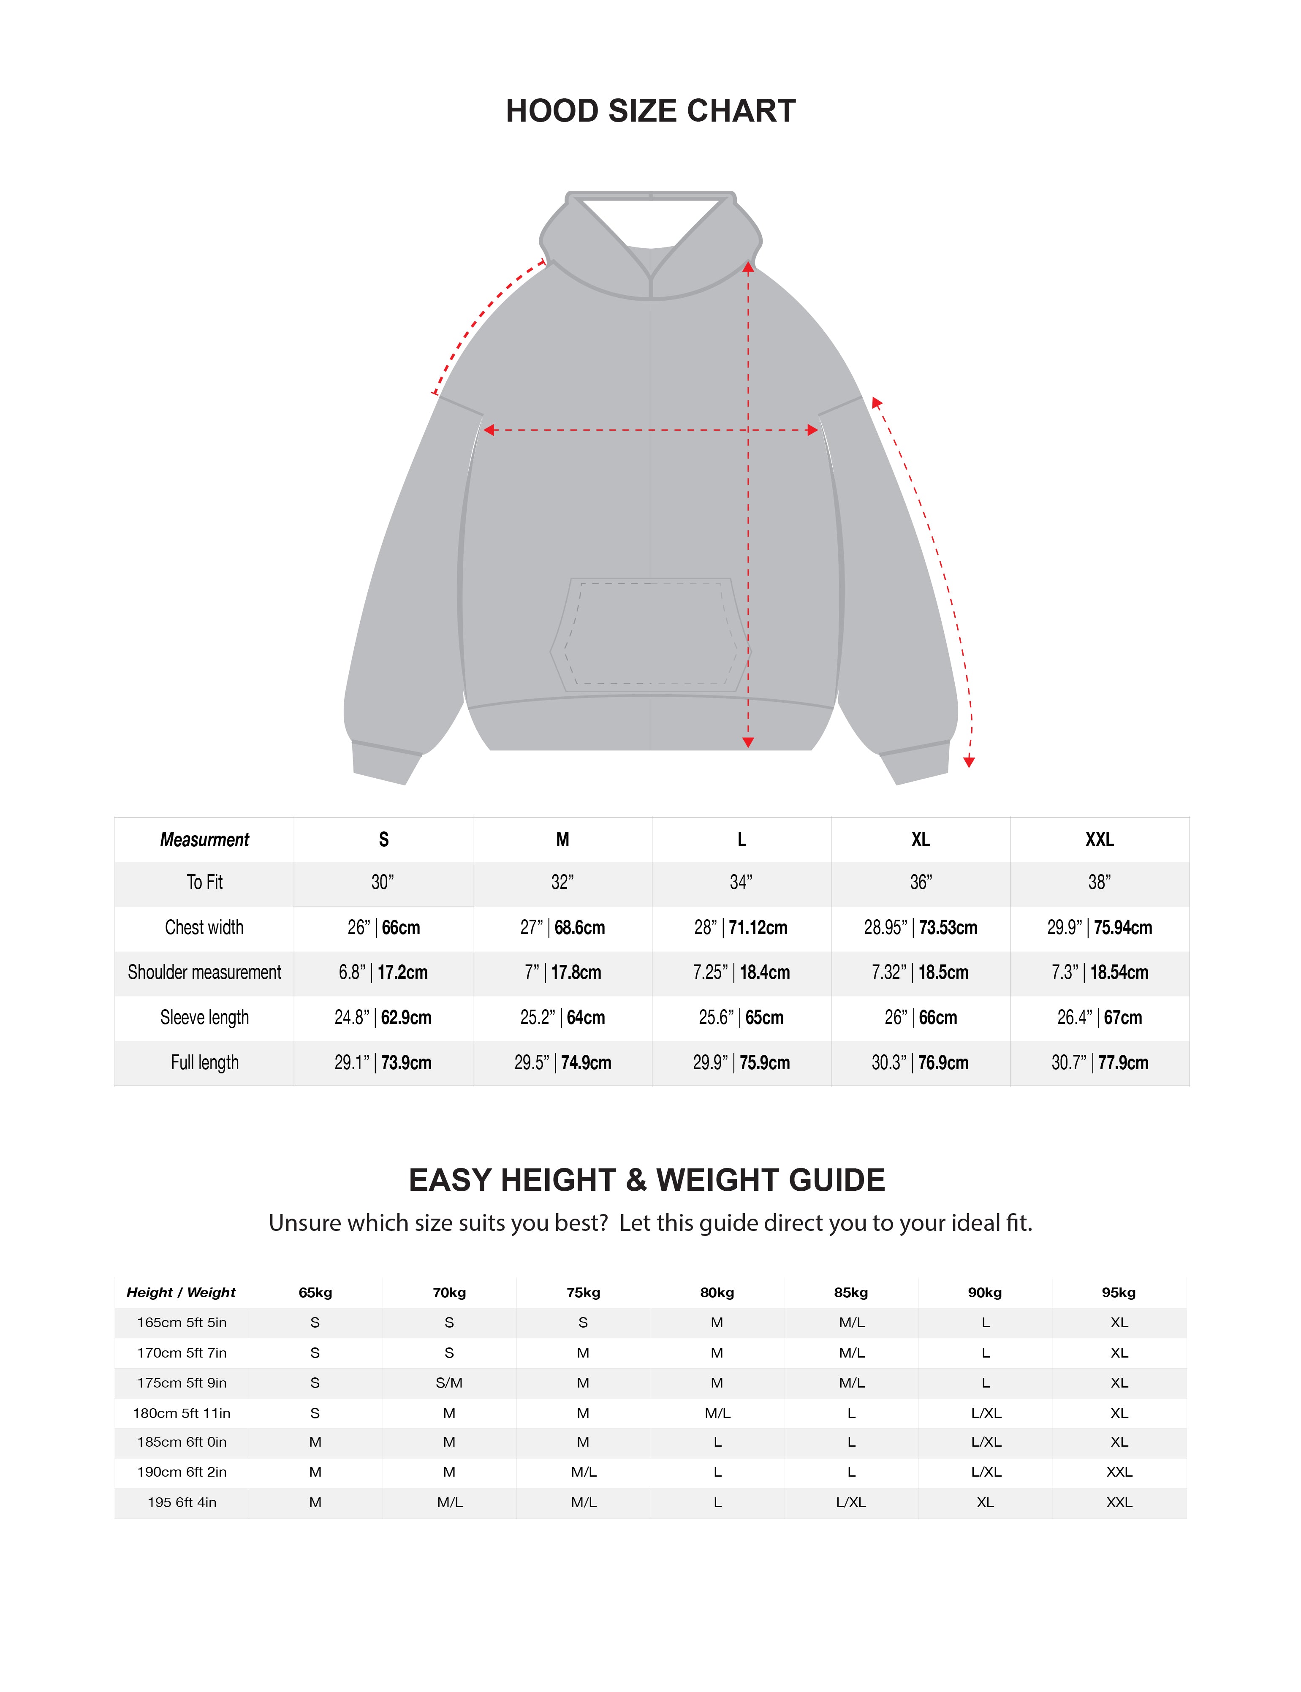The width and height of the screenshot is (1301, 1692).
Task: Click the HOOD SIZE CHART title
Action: tap(650, 111)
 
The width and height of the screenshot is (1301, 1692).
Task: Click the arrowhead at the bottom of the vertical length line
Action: tap(748, 742)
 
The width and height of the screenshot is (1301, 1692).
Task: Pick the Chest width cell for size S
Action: tap(383, 928)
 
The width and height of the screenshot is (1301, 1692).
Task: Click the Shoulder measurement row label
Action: tap(204, 972)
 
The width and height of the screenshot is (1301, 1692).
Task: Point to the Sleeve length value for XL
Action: tap(920, 1018)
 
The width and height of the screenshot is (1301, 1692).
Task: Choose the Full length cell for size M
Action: tap(562, 1062)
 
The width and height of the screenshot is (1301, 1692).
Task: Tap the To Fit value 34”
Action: tap(741, 882)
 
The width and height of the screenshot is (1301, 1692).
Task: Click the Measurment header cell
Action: tap(204, 839)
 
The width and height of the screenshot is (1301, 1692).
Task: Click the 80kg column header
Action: tap(717, 1293)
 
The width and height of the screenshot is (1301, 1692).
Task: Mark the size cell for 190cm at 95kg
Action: tap(1119, 1472)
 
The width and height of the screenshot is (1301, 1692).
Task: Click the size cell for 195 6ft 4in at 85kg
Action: tap(851, 1502)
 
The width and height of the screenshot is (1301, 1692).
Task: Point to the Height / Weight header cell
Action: tap(181, 1293)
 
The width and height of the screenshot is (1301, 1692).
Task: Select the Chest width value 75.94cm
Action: tap(1122, 928)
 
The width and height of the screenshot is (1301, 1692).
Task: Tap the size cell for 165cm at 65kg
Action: tap(315, 1323)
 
